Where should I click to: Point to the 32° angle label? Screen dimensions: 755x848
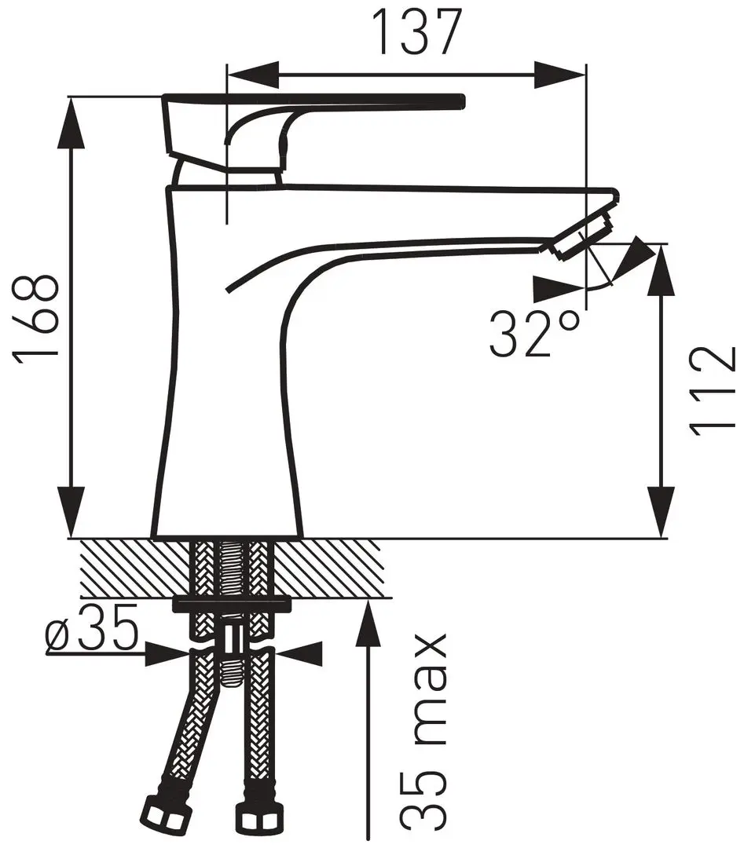(533, 334)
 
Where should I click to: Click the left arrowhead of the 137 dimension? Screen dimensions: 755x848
(253, 75)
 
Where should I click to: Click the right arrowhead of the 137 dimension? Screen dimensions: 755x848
(560, 75)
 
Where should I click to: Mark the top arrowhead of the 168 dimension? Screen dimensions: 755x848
(71, 123)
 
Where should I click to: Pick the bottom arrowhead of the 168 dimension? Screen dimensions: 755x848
(71, 513)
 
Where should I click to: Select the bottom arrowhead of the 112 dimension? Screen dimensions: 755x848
(661, 513)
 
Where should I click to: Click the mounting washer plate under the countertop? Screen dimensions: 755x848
(231, 604)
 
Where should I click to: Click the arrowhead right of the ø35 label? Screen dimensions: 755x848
(299, 654)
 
